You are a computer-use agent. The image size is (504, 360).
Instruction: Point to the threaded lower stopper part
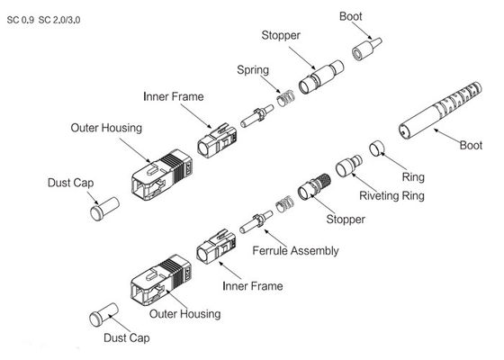coord(317,181)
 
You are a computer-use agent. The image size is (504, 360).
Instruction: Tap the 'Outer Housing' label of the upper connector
coord(105,129)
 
